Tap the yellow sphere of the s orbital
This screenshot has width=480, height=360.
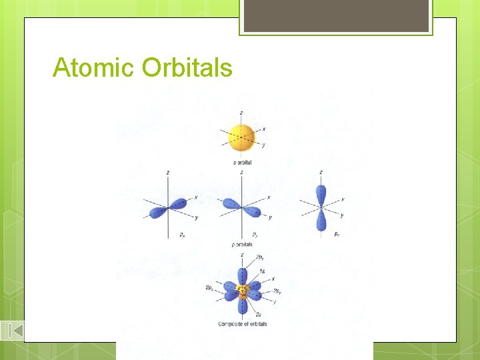(241, 137)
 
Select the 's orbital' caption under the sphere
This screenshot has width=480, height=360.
(242, 163)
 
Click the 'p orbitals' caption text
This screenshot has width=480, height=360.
(241, 245)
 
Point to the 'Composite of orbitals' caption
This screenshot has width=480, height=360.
(242, 324)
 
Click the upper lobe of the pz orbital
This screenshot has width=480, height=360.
(321, 193)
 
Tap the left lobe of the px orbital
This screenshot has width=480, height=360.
(159, 212)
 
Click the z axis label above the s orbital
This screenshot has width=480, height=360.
(241, 113)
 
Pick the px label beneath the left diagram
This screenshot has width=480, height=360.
(182, 235)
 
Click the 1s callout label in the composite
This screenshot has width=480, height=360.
(262, 271)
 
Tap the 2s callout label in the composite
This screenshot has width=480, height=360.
(259, 313)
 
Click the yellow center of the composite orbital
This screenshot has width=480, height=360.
(241, 291)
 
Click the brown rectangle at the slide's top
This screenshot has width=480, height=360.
(335, 16)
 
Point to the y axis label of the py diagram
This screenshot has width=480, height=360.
(269, 217)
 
